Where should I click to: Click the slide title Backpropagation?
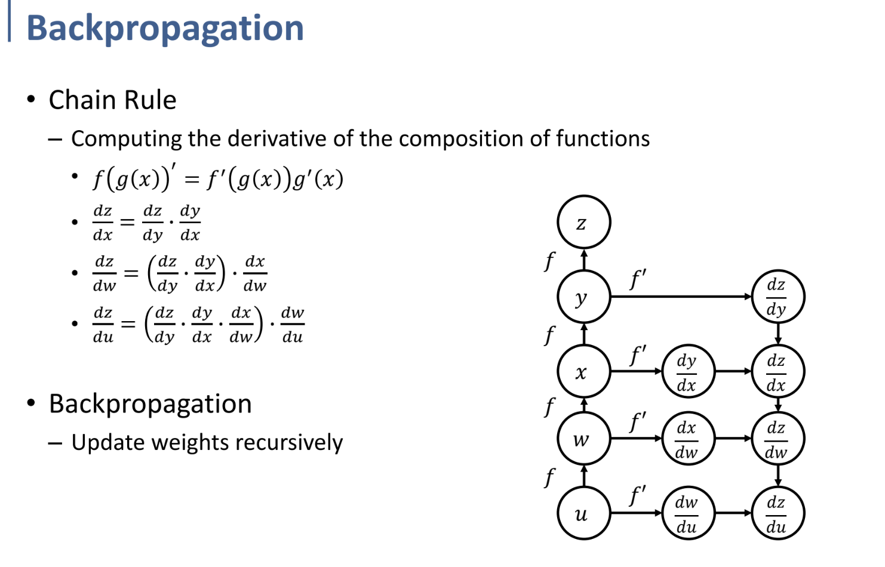point(165,28)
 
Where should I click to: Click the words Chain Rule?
point(112,100)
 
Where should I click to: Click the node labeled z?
point(583,222)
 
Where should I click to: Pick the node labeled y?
point(583,297)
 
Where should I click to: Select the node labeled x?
point(583,371)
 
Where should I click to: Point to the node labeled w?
point(583,439)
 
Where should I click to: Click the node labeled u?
point(583,513)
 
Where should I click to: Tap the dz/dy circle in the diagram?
point(778,297)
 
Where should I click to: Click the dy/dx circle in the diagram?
point(688,371)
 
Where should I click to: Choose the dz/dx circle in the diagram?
point(778,371)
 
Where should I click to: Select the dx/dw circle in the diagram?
point(688,439)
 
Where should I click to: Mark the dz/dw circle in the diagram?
point(778,439)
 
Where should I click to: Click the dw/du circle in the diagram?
point(688,513)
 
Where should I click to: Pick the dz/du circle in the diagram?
point(778,513)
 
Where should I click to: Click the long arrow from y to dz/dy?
point(681,297)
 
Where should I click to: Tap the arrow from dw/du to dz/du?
point(733,513)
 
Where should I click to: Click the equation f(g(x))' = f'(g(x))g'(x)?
point(218,178)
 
